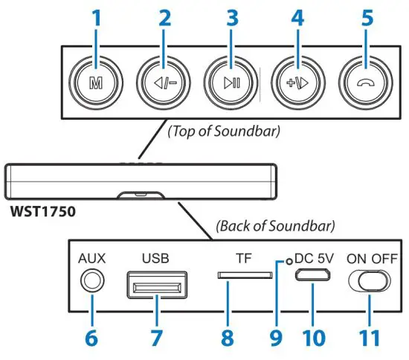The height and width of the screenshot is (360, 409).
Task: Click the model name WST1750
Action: [x=43, y=211]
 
